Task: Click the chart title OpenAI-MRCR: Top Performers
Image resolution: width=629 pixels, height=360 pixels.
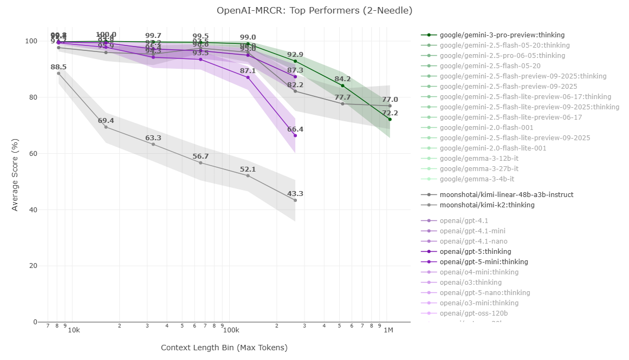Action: coord(314,10)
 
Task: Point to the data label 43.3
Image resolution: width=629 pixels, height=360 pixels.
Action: coord(295,194)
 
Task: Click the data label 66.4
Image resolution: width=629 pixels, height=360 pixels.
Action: coord(295,129)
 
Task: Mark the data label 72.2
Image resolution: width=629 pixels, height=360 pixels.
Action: coord(390,113)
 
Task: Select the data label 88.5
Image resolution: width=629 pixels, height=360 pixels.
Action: coord(59,67)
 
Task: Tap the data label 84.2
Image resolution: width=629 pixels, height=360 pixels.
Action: coord(342,79)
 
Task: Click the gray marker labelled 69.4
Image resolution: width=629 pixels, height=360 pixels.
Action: coord(106,127)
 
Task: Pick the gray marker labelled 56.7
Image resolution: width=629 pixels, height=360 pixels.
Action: coord(200,163)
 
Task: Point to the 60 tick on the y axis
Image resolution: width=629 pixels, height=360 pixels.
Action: coord(33,154)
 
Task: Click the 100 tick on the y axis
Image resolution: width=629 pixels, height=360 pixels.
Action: coord(31,41)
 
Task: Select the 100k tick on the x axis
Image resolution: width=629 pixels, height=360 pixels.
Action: coord(231,331)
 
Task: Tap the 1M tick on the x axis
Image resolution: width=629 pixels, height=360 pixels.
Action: coord(388,331)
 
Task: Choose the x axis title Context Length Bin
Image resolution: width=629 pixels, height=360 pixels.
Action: coord(224,348)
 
